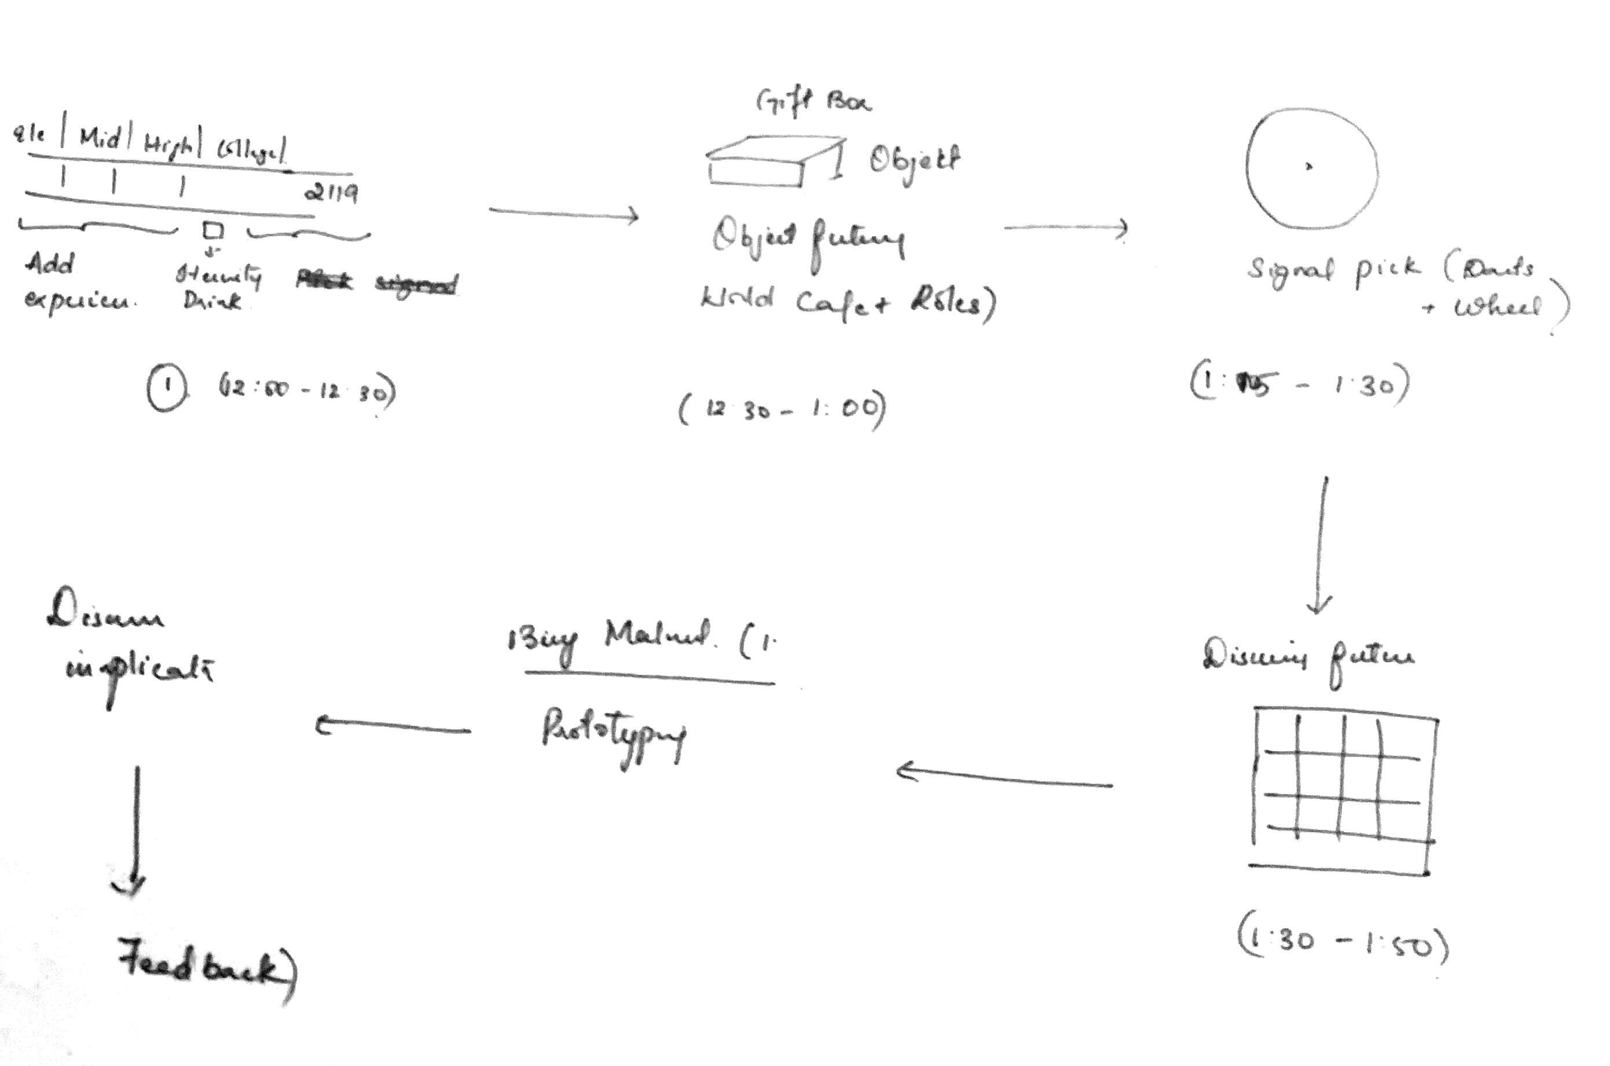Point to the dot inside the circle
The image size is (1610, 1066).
coord(1309,166)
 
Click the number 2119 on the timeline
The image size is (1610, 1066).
coord(331,193)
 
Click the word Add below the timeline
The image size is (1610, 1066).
coord(50,264)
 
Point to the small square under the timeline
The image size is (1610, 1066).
coord(213,231)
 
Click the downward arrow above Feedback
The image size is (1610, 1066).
coord(135,829)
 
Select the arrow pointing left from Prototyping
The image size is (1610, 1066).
coord(393,728)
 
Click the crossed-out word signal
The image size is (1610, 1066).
coord(417,284)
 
